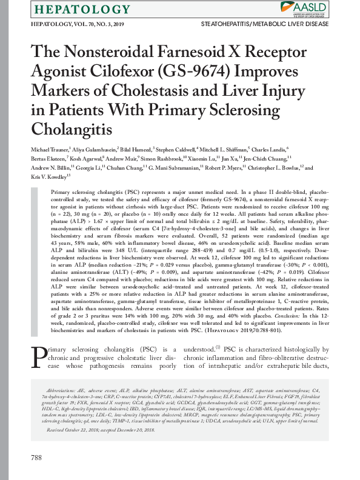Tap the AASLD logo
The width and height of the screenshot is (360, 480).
(309, 8)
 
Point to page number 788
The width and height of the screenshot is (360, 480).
(36, 456)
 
